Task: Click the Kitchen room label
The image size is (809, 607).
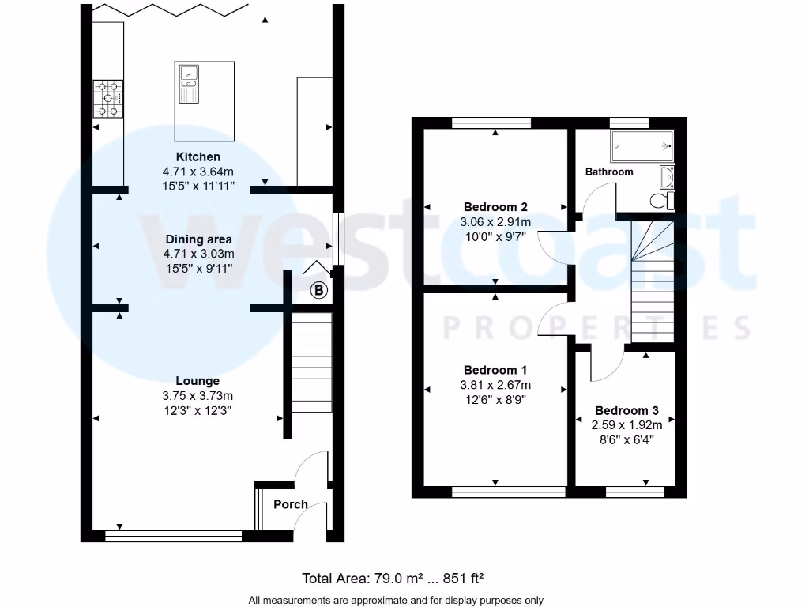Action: point(198,157)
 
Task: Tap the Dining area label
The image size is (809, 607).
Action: point(198,239)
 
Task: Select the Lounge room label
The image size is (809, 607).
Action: point(198,381)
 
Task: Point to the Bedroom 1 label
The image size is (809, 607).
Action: point(495,370)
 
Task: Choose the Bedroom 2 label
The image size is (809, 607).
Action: point(495,207)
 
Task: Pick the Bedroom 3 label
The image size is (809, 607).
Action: point(627,411)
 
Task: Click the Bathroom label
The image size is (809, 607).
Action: point(609,172)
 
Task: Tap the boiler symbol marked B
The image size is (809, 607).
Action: point(318,291)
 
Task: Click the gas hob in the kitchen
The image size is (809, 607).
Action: point(109,99)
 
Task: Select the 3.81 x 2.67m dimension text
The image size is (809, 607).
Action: point(495,386)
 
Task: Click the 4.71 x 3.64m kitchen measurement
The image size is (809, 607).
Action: point(198,172)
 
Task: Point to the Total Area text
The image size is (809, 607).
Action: point(398,578)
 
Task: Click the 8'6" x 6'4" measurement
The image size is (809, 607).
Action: point(627,439)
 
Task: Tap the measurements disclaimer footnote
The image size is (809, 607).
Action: point(397,600)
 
